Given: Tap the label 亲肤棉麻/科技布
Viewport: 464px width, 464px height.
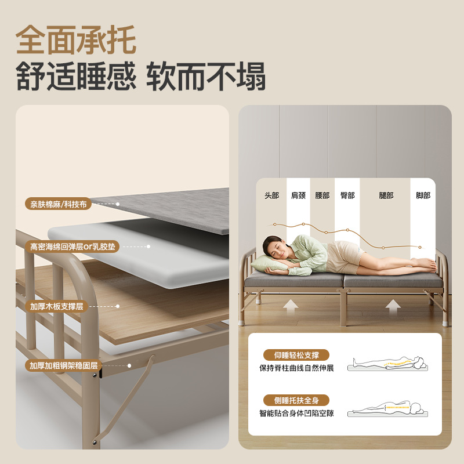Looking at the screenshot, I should (x=59, y=204).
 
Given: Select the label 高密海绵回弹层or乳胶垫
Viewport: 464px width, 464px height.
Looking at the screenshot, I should (x=73, y=246).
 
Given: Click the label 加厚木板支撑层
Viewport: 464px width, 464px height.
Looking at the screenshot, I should (x=56, y=306).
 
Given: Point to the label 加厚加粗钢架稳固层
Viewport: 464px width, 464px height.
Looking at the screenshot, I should (x=63, y=365).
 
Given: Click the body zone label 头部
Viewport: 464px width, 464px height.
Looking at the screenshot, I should (x=271, y=195).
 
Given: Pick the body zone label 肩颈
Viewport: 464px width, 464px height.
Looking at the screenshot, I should (x=298, y=195).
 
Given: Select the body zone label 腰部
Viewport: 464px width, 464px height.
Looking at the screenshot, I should (x=322, y=195).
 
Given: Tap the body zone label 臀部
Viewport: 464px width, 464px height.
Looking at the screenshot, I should (x=347, y=195).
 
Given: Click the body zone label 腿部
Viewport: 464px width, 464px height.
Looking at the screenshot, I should (x=386, y=195).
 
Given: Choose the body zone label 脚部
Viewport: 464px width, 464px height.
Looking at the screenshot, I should (x=423, y=195).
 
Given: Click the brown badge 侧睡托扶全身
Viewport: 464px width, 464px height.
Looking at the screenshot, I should (x=296, y=400).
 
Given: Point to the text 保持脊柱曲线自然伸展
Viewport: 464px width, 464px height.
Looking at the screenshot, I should (x=296, y=368).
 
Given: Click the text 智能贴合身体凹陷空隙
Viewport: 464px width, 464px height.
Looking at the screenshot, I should (x=296, y=414).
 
